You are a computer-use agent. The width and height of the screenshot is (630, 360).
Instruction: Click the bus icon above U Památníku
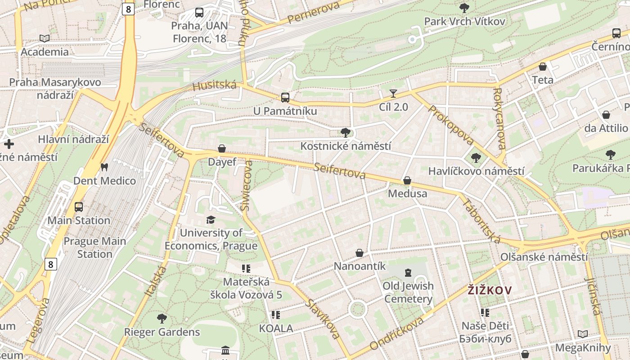point(285,97)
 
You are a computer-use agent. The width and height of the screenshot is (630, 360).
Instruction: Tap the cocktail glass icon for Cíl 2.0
point(393,94)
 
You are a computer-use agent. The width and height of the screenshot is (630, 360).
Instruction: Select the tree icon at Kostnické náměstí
point(346,132)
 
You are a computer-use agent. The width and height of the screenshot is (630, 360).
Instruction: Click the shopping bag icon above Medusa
point(407,180)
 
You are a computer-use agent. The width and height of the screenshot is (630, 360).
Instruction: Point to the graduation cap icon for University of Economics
point(211,220)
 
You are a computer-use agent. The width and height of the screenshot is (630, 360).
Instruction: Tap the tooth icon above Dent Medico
point(104,167)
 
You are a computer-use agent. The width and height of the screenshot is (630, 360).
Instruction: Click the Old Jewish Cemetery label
point(408,292)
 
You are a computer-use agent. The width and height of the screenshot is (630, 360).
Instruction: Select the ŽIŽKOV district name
point(490,290)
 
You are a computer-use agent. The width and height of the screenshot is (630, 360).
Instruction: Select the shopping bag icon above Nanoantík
point(360,253)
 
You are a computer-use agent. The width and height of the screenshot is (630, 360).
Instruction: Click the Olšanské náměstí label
point(544,257)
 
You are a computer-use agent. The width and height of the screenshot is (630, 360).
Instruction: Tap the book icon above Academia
point(44,39)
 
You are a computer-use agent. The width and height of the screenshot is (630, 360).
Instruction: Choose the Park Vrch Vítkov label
point(464,21)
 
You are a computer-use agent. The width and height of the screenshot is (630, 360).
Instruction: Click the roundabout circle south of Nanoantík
point(357,310)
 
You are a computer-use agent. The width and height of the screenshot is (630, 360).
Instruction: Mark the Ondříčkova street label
point(396,333)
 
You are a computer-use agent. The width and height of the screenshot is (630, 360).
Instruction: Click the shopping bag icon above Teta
point(543,67)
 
